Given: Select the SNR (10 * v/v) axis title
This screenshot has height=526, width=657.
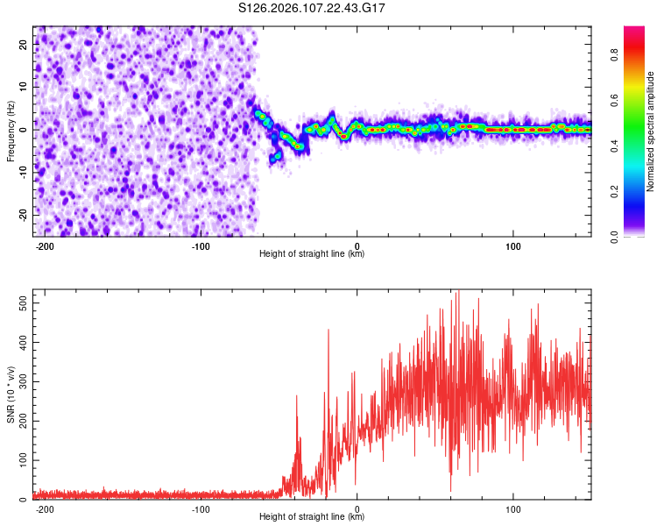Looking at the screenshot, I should point(11,394).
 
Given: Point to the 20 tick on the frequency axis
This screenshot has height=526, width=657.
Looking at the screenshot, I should point(24,46).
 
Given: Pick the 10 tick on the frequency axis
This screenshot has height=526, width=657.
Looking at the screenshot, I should point(24,88).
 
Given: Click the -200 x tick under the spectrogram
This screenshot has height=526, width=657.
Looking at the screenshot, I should point(45,245).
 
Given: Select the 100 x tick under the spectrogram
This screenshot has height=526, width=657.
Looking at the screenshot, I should point(512,245).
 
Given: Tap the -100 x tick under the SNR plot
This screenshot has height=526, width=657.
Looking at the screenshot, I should point(201,508).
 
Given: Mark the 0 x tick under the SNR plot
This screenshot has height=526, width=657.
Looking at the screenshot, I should point(357,508).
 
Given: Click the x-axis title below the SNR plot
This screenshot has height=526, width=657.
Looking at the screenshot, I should point(312,517).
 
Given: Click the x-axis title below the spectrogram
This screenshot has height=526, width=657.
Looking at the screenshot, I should point(312,254).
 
